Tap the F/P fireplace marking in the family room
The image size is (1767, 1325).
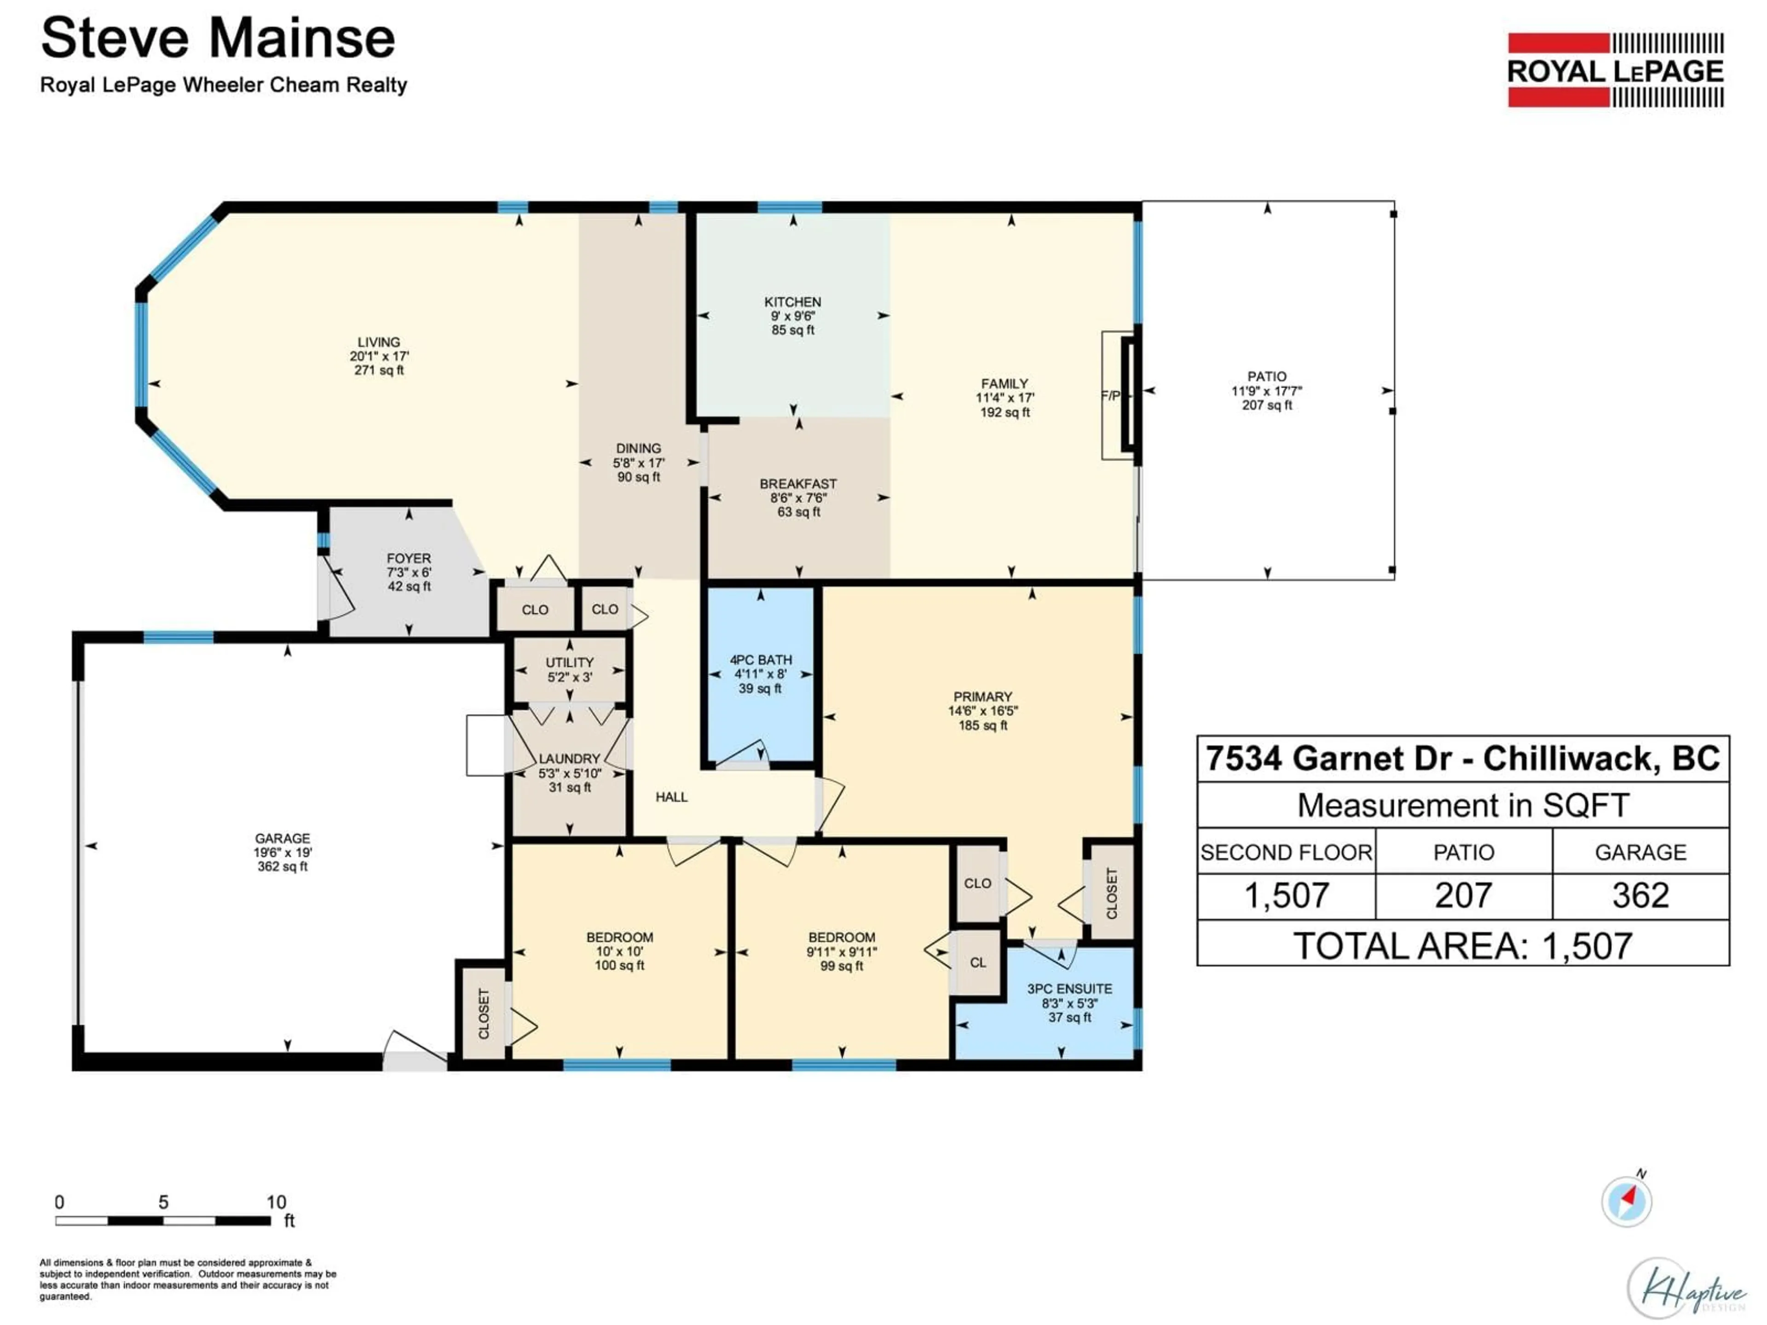[x=1110, y=395]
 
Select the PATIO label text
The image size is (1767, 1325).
[x=1266, y=376]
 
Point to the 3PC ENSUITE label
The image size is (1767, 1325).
[x=1069, y=989]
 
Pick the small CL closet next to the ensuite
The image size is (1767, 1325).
[x=978, y=962]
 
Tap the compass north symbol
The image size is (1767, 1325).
[x=1626, y=1200]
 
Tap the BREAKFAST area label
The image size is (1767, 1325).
[x=797, y=484]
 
